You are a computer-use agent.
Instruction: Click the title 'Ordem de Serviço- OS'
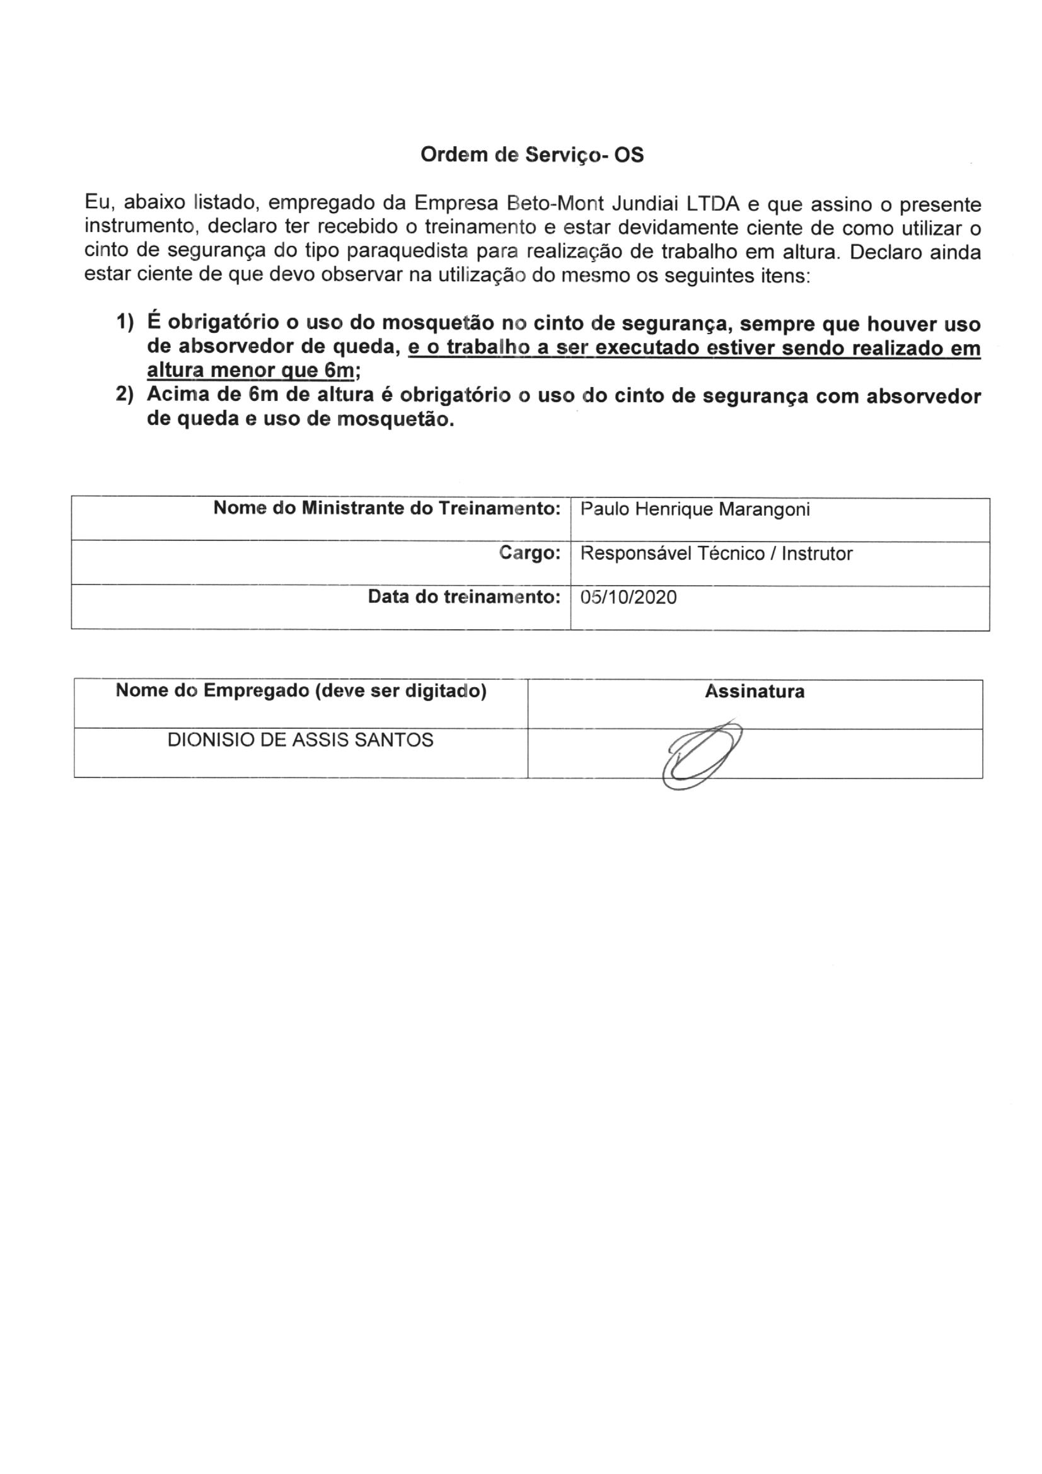click(531, 154)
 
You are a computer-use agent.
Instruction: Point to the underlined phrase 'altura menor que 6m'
click(250, 371)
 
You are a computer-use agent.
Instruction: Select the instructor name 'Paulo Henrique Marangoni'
click(695, 509)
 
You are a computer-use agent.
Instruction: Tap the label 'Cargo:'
click(530, 553)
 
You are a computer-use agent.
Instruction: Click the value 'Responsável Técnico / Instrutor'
click(716, 554)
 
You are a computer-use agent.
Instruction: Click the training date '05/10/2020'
click(628, 598)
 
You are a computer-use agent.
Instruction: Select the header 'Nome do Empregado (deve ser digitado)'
click(301, 691)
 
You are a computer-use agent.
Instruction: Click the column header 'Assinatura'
click(755, 692)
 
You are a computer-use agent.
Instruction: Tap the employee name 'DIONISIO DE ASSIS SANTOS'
click(301, 740)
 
